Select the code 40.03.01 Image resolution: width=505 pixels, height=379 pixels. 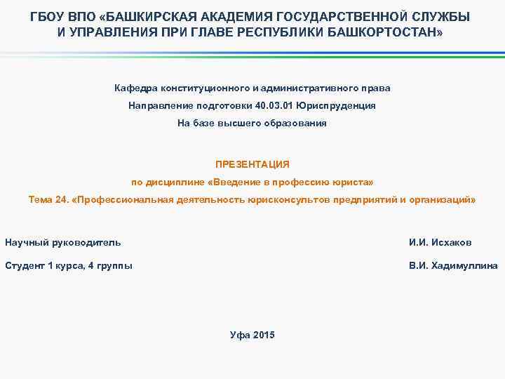coord(270,105)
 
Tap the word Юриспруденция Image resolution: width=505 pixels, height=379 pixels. coord(336,105)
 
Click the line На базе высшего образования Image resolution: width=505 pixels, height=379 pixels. coord(252,123)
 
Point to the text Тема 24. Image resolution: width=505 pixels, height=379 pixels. coord(48,200)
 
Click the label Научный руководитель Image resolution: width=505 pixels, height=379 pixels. coord(62,243)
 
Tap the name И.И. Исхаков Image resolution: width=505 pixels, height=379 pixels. coord(440,243)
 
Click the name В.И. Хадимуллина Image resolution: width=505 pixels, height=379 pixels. coord(453,266)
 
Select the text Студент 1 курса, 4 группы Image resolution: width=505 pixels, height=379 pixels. coord(69,266)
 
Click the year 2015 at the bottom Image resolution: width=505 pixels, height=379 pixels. coord(264,335)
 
